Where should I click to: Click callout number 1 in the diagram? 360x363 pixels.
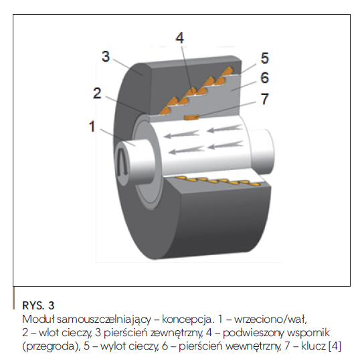pyautogui.click(x=92, y=127)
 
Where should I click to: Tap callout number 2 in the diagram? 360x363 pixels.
pyautogui.click(x=97, y=93)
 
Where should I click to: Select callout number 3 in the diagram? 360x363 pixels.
pyautogui.click(x=106, y=56)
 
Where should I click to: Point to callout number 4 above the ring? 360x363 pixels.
pyautogui.click(x=180, y=38)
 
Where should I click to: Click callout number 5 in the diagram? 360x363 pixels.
pyautogui.click(x=265, y=58)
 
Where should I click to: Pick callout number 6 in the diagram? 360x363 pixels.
pyautogui.click(x=265, y=78)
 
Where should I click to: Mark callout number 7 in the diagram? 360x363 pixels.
pyautogui.click(x=265, y=99)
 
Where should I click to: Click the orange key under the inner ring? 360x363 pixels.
pyautogui.click(x=191, y=117)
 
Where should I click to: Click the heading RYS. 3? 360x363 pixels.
pyautogui.click(x=38, y=305)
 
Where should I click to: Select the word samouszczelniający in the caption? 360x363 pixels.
pyautogui.click(x=104, y=319)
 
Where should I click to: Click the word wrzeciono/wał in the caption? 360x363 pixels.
pyautogui.click(x=270, y=319)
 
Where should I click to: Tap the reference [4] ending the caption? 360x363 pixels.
pyautogui.click(x=335, y=346)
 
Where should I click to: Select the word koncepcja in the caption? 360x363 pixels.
pyautogui.click(x=187, y=319)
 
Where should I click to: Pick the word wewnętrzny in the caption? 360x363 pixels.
pyautogui.click(x=254, y=346)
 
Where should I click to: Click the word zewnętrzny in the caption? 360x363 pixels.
pyautogui.click(x=177, y=333)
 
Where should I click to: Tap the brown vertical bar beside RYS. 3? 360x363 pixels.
pyautogui.click(x=13, y=298)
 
